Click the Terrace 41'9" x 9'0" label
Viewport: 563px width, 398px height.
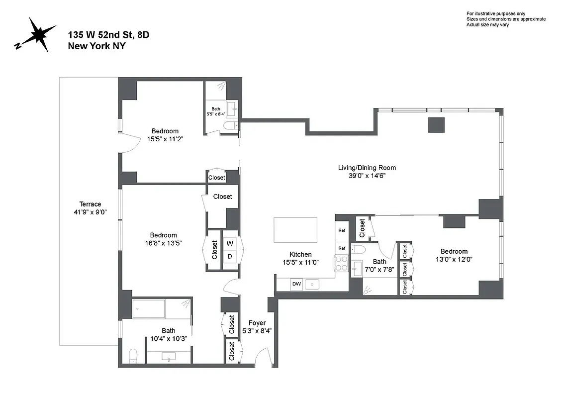(90, 208)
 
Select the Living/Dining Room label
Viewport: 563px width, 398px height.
(367, 172)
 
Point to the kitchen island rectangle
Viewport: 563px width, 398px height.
(295, 230)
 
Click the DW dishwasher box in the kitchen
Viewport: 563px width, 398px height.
(296, 284)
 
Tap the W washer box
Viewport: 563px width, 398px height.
(230, 244)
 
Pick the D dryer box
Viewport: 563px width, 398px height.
(230, 257)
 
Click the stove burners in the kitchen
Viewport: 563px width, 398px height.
(342, 262)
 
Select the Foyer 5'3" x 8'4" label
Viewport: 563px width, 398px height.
(257, 327)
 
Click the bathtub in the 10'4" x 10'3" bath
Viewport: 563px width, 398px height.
(162, 309)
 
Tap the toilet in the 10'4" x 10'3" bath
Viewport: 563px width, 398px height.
(133, 355)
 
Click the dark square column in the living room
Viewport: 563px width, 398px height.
(437, 124)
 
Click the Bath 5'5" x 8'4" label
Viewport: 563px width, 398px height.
(215, 111)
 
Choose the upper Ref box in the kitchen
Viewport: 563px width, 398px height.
(342, 230)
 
